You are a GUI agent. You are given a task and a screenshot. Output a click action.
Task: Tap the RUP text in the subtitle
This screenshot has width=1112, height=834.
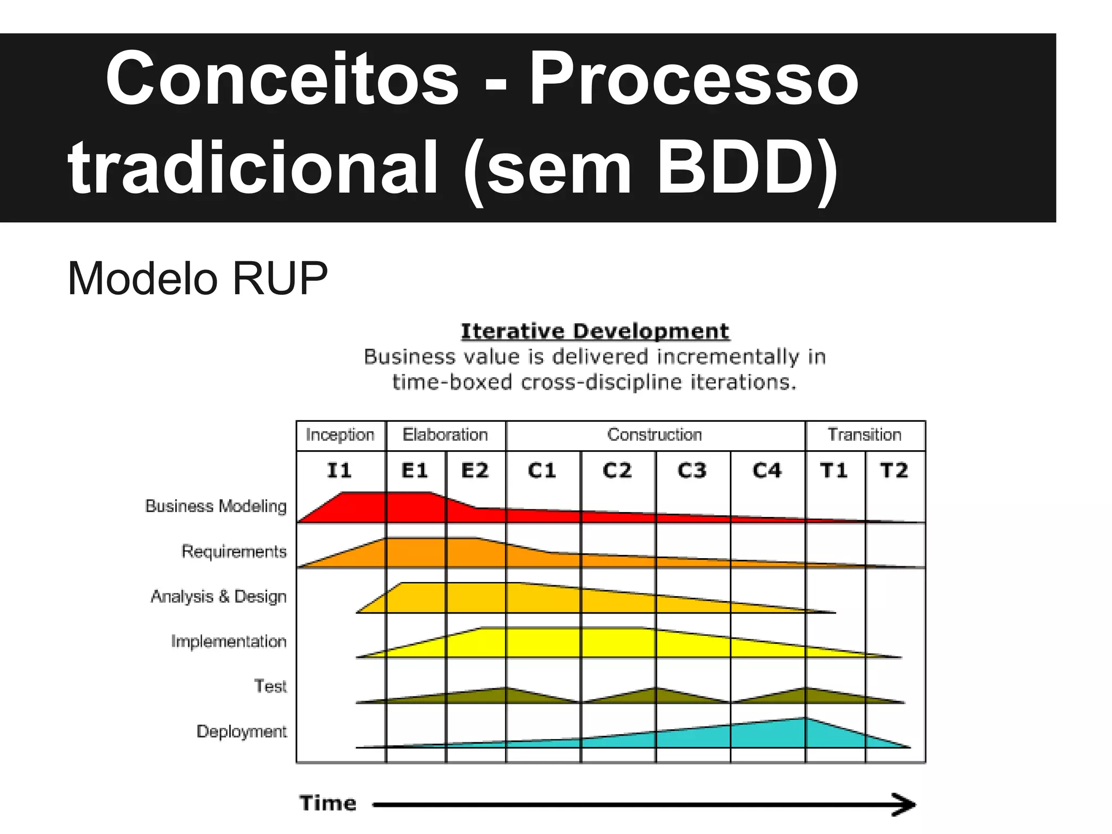tap(280, 279)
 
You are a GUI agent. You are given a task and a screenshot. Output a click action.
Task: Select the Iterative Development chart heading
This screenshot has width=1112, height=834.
tap(595, 331)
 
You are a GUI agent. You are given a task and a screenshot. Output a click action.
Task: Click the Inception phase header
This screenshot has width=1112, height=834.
tap(340, 435)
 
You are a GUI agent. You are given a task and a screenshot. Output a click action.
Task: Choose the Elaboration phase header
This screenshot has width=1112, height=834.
tap(445, 435)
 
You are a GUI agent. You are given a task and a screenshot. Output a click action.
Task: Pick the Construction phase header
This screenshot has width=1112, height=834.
tap(655, 435)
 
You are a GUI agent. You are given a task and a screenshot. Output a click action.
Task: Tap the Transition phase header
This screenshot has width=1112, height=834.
tap(864, 435)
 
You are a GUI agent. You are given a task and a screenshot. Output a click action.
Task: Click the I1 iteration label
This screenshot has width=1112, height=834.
tap(339, 470)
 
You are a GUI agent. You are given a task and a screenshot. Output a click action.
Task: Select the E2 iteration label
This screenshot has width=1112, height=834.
tap(475, 470)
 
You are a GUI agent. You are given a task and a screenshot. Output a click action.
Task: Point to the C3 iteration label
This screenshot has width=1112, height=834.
tap(692, 470)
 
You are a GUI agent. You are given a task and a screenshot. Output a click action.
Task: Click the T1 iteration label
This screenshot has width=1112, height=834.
tap(834, 470)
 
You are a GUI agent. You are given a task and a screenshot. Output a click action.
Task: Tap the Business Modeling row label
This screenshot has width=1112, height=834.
tap(216, 506)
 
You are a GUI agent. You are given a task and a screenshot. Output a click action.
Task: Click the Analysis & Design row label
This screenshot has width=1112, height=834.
tap(219, 596)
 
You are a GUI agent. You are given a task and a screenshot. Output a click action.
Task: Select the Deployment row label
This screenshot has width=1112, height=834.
tap(242, 731)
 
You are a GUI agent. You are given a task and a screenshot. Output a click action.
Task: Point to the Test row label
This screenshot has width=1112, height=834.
tap(270, 686)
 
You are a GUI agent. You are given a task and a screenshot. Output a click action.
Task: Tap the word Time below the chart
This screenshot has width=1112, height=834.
tap(328, 803)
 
